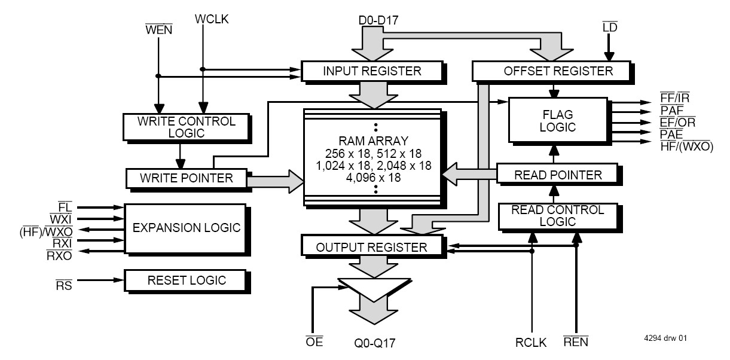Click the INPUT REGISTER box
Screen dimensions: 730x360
[x=371, y=71]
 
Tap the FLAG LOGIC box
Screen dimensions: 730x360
[x=558, y=120]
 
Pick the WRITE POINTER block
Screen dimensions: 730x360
[x=187, y=178]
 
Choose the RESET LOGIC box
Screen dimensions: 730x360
[x=185, y=280]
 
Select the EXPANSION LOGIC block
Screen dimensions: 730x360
[x=185, y=228]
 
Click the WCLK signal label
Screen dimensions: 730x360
[x=212, y=19]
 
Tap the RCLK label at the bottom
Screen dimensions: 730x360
[x=531, y=343]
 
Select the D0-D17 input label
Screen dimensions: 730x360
[x=378, y=20]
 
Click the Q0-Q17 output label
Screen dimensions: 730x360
[x=375, y=343]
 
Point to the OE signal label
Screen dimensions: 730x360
[x=314, y=341]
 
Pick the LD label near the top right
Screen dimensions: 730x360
[x=610, y=27]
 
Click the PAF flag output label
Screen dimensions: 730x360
[x=671, y=110]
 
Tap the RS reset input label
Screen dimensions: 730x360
[x=64, y=285]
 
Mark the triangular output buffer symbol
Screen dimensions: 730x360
[x=374, y=289]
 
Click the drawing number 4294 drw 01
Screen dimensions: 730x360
[x=665, y=338]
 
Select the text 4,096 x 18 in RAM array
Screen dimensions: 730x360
[x=374, y=178]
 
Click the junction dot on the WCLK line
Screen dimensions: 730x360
[x=203, y=69]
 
